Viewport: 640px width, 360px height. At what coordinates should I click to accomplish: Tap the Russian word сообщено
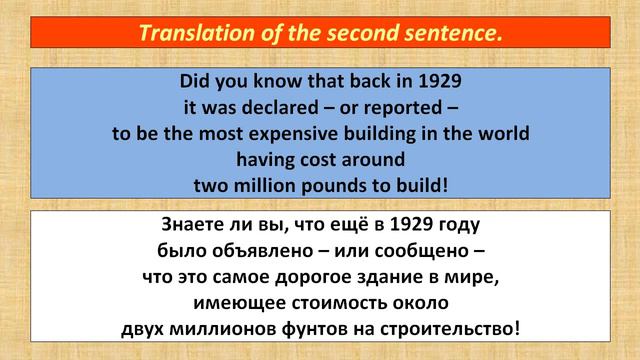[414, 250]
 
